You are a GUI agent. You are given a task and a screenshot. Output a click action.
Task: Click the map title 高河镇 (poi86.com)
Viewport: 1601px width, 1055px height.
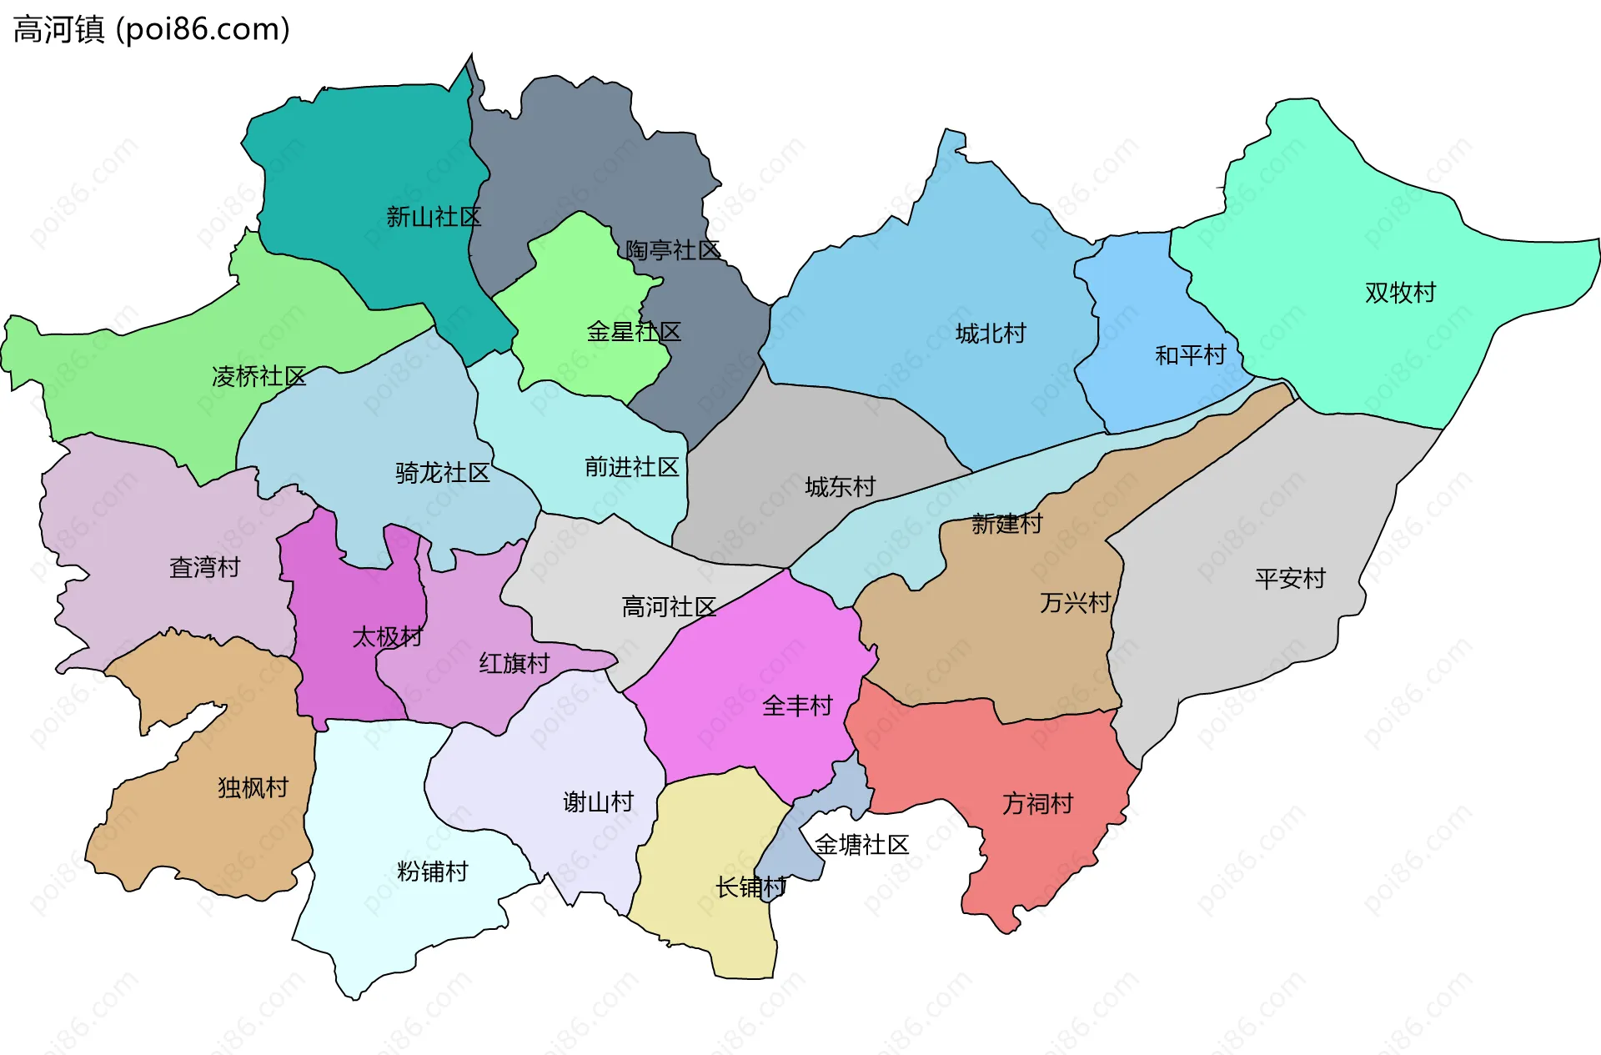click(x=152, y=29)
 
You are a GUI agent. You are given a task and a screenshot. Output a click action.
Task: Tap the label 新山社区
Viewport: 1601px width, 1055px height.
click(x=434, y=218)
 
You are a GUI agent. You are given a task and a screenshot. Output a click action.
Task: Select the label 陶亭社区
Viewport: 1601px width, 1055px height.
click(x=672, y=250)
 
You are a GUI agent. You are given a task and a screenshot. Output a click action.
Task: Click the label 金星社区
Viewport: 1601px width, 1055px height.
click(x=634, y=332)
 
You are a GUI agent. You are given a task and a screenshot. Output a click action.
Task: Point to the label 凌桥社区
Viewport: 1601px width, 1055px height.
click(x=259, y=377)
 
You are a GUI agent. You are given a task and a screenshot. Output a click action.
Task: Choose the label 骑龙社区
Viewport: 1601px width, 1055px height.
click(x=443, y=474)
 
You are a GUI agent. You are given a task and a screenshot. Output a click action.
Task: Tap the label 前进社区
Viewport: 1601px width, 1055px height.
click(x=632, y=467)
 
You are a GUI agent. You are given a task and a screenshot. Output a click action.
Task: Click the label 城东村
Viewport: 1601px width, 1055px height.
click(x=840, y=487)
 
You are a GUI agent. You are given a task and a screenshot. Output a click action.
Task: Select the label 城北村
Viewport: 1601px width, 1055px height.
click(x=991, y=334)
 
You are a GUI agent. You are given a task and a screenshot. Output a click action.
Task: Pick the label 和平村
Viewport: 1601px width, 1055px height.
click(x=1190, y=356)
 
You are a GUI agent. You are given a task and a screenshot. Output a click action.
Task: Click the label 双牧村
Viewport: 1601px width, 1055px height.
click(x=1400, y=293)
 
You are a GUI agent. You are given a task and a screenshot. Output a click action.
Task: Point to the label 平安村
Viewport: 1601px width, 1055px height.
click(x=1290, y=579)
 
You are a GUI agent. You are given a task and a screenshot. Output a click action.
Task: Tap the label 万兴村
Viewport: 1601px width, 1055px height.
click(x=1075, y=603)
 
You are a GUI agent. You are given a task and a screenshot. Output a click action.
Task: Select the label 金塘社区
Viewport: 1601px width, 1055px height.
click(x=861, y=845)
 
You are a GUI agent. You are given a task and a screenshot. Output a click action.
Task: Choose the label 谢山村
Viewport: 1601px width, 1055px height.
click(x=598, y=802)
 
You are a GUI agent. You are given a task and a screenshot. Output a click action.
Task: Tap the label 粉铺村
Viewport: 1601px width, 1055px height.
click(x=432, y=872)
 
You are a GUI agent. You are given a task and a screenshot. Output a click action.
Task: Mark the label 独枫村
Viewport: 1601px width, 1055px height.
click(x=253, y=788)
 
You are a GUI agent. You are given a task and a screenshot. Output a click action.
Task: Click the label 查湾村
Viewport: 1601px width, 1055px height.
click(x=204, y=568)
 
